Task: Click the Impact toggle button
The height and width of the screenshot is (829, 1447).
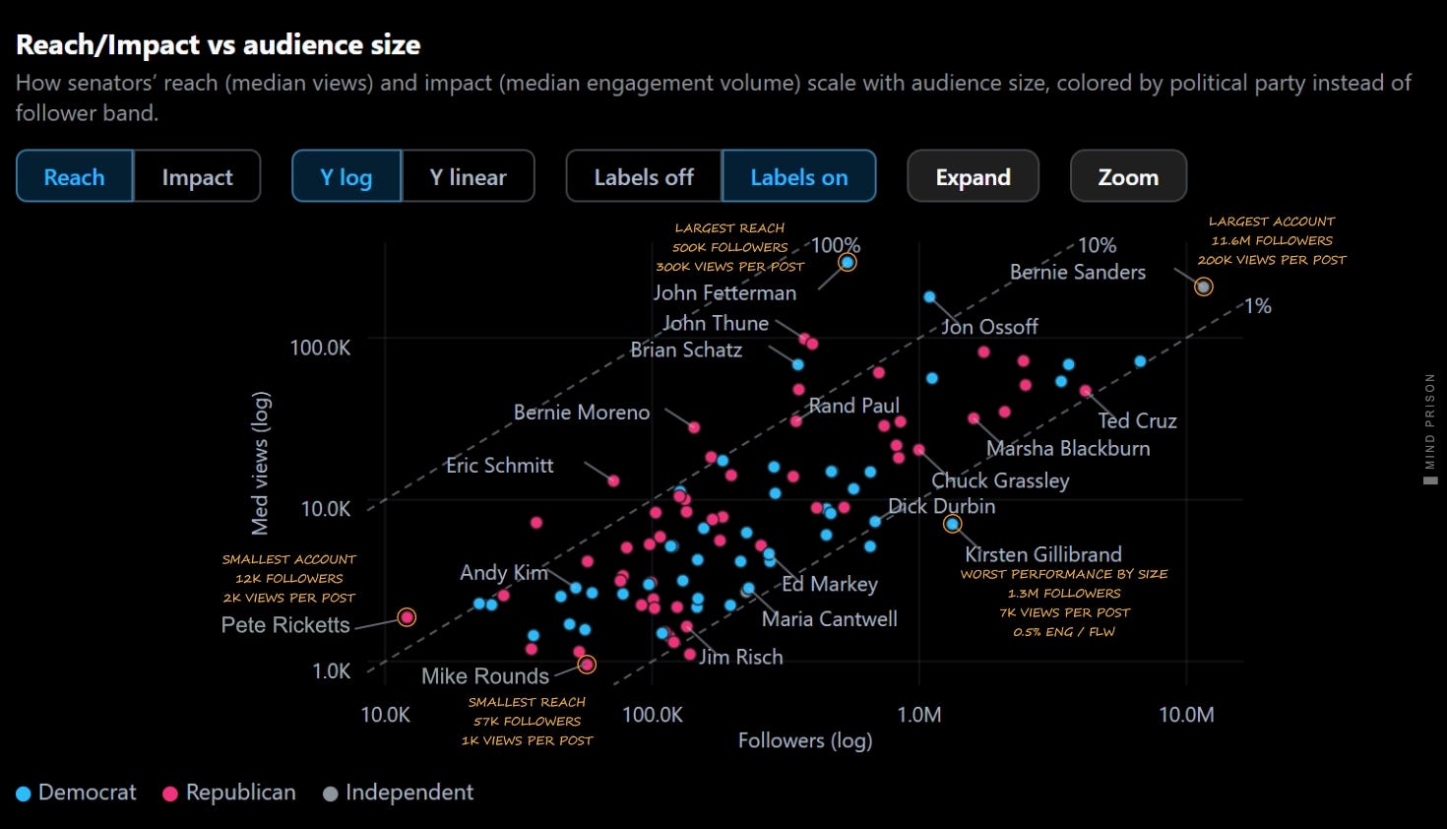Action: (x=197, y=176)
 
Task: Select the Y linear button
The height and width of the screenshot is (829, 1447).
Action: (x=469, y=176)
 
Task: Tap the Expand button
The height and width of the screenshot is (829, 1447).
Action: (x=973, y=176)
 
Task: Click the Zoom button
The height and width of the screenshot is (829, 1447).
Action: (x=1128, y=176)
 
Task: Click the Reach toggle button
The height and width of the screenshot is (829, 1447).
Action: (x=74, y=176)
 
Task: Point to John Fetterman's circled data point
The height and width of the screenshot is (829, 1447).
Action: (x=848, y=262)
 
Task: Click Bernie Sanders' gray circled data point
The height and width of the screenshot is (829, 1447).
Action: (x=1203, y=287)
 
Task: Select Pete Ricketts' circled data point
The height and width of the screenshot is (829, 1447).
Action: (x=407, y=617)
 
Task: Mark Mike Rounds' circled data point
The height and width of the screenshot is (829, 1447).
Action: (x=587, y=665)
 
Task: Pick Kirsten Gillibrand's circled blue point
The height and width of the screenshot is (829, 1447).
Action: (x=952, y=524)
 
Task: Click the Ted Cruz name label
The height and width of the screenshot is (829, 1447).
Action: (x=1137, y=420)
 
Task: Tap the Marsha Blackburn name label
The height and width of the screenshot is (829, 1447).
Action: (x=1068, y=448)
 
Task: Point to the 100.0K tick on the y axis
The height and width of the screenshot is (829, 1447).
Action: (x=320, y=348)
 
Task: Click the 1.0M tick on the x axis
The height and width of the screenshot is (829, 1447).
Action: (x=918, y=715)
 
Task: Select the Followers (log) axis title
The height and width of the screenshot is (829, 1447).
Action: (x=805, y=740)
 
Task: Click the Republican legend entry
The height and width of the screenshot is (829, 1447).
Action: (x=229, y=793)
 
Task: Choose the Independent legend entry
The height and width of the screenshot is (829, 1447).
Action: (x=399, y=793)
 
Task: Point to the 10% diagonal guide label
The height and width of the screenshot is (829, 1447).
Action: (x=1097, y=245)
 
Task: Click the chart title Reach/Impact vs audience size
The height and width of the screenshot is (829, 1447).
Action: (x=219, y=44)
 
